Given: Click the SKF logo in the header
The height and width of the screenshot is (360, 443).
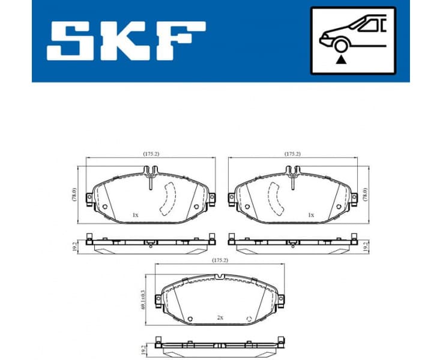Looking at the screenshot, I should pos(125,40).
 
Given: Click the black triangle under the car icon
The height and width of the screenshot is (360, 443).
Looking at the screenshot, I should pos(342,60).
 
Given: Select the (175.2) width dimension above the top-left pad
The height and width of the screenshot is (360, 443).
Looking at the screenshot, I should pos(151,154).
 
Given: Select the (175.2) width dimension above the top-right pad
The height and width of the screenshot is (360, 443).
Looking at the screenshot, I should pos(292,154).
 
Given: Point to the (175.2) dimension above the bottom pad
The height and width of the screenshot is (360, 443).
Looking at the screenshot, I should pos(220,260).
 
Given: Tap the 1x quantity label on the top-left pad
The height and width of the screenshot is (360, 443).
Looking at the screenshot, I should pos(135,215).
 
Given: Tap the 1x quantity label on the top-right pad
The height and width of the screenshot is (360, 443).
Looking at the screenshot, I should pos(310,215).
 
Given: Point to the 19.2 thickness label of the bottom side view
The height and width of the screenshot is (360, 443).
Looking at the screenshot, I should pos(144,349).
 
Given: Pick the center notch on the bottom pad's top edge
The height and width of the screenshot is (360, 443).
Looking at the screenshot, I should pos(220,276).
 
